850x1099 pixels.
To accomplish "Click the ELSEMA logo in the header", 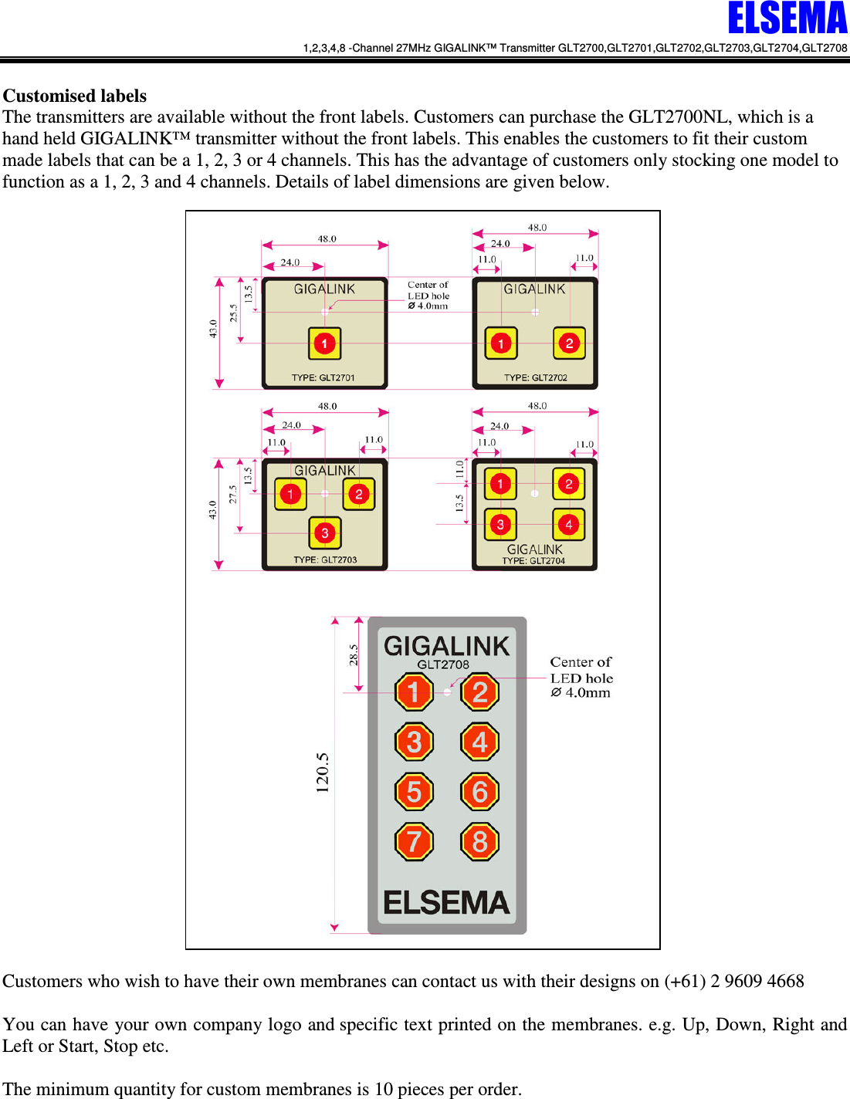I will (x=787, y=19).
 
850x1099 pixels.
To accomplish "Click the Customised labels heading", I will (x=75, y=96).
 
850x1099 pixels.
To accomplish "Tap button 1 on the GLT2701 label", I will (x=325, y=343).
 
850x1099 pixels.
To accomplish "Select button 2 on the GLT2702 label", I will (x=569, y=343).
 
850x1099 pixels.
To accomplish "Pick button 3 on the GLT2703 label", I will (x=325, y=533).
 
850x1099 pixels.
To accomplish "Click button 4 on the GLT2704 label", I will (x=569, y=525).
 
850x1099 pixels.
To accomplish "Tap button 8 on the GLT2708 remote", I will (x=479, y=841).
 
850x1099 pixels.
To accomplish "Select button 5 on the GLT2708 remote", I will (x=414, y=792).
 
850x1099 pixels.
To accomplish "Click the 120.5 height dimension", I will (x=323, y=773).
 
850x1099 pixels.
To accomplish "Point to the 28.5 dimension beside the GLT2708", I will (x=354, y=655).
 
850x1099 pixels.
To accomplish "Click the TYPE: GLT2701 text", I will (x=323, y=377).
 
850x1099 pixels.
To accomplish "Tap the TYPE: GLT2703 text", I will (x=325, y=560).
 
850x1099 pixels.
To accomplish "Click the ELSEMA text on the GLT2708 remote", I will (x=446, y=902).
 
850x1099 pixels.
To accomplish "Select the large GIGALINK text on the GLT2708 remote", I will (x=446, y=645).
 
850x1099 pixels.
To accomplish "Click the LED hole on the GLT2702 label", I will (x=535, y=312).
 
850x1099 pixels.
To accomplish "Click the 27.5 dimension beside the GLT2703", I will (x=233, y=494).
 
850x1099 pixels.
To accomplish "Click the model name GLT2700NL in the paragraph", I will (x=678, y=117).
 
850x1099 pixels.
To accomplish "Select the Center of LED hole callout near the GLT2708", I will (x=581, y=678).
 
